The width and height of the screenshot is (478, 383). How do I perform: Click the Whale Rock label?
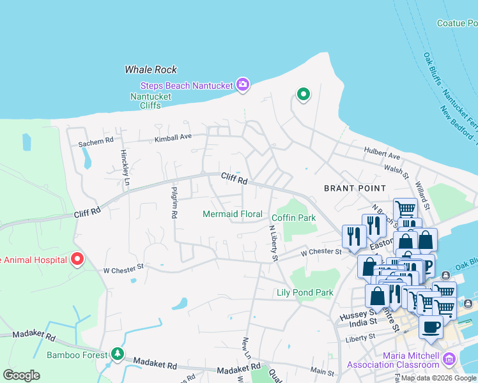[151, 70]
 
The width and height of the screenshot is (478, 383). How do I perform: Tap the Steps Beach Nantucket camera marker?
[242, 85]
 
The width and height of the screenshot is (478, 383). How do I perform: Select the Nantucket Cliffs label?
[151, 101]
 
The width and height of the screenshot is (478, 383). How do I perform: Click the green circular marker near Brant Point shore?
[303, 96]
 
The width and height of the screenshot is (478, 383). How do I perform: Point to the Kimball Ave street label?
[173, 138]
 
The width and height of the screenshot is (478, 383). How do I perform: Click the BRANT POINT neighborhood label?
[355, 188]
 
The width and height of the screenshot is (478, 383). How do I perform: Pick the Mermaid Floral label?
[233, 214]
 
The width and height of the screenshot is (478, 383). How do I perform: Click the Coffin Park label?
[295, 218]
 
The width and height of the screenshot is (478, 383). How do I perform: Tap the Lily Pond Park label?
[305, 293]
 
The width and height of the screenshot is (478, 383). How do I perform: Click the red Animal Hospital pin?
[77, 259]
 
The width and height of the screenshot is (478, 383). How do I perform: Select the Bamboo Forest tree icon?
[116, 354]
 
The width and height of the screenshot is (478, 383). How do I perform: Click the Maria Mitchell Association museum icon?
[449, 359]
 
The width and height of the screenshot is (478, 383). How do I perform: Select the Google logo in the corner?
[21, 375]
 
